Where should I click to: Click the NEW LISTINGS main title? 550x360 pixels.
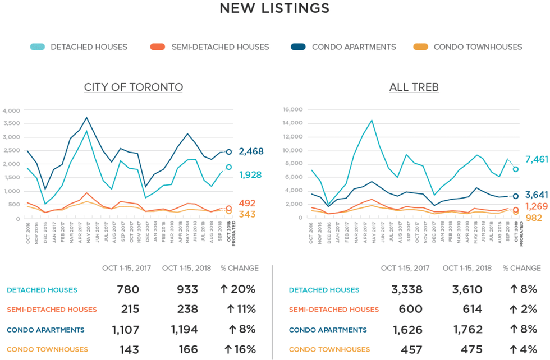(274, 8)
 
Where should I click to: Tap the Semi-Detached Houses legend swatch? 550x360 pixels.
(158, 47)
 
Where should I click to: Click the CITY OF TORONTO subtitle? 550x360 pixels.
(134, 87)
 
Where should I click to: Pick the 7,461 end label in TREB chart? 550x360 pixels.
(536, 160)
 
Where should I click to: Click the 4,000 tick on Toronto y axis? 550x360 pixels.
(11, 110)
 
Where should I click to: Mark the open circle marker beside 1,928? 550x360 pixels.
(229, 167)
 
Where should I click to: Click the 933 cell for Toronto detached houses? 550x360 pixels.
(185, 290)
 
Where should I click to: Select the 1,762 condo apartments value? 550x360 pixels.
(467, 330)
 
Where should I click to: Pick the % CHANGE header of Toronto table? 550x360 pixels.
(239, 268)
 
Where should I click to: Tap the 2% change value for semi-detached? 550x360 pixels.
(522, 310)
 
